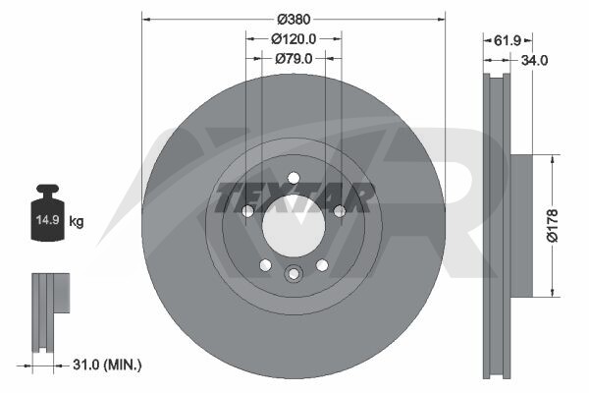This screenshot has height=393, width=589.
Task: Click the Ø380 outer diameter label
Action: point(294,20)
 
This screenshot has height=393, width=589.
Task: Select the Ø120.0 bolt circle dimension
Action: point(294,38)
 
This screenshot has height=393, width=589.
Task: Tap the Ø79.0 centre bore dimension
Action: point(294,59)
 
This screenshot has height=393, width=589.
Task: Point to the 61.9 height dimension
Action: point(508,40)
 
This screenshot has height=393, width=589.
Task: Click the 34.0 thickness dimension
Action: point(535,60)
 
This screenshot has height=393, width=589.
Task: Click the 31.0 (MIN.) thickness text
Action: point(107,365)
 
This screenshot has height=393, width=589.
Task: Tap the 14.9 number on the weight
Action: point(48,220)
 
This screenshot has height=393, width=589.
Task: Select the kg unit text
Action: point(77,221)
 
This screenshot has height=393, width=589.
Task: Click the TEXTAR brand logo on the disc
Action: point(294,197)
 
